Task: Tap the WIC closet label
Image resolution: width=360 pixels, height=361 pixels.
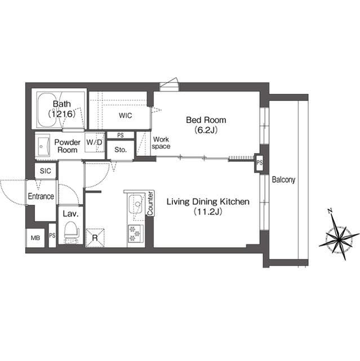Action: click(x=125, y=115)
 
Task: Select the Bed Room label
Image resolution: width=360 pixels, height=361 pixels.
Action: click(x=206, y=124)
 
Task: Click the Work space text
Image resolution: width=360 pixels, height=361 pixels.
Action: click(x=161, y=143)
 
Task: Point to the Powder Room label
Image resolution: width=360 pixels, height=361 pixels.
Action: click(x=66, y=146)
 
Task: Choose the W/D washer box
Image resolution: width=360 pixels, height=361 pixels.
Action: click(x=94, y=143)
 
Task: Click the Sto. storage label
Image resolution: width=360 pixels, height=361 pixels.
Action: click(x=120, y=150)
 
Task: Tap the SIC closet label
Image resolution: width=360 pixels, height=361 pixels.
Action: click(x=46, y=170)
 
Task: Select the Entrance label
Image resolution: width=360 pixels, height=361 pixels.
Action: click(x=41, y=196)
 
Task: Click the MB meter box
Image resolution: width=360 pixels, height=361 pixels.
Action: click(x=35, y=237)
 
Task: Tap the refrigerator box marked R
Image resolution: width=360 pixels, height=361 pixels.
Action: click(x=94, y=237)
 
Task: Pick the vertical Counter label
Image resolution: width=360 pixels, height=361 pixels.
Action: click(x=150, y=203)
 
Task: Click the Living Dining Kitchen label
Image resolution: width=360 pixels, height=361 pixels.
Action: click(x=207, y=206)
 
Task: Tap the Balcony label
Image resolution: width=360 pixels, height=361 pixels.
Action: click(x=283, y=180)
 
